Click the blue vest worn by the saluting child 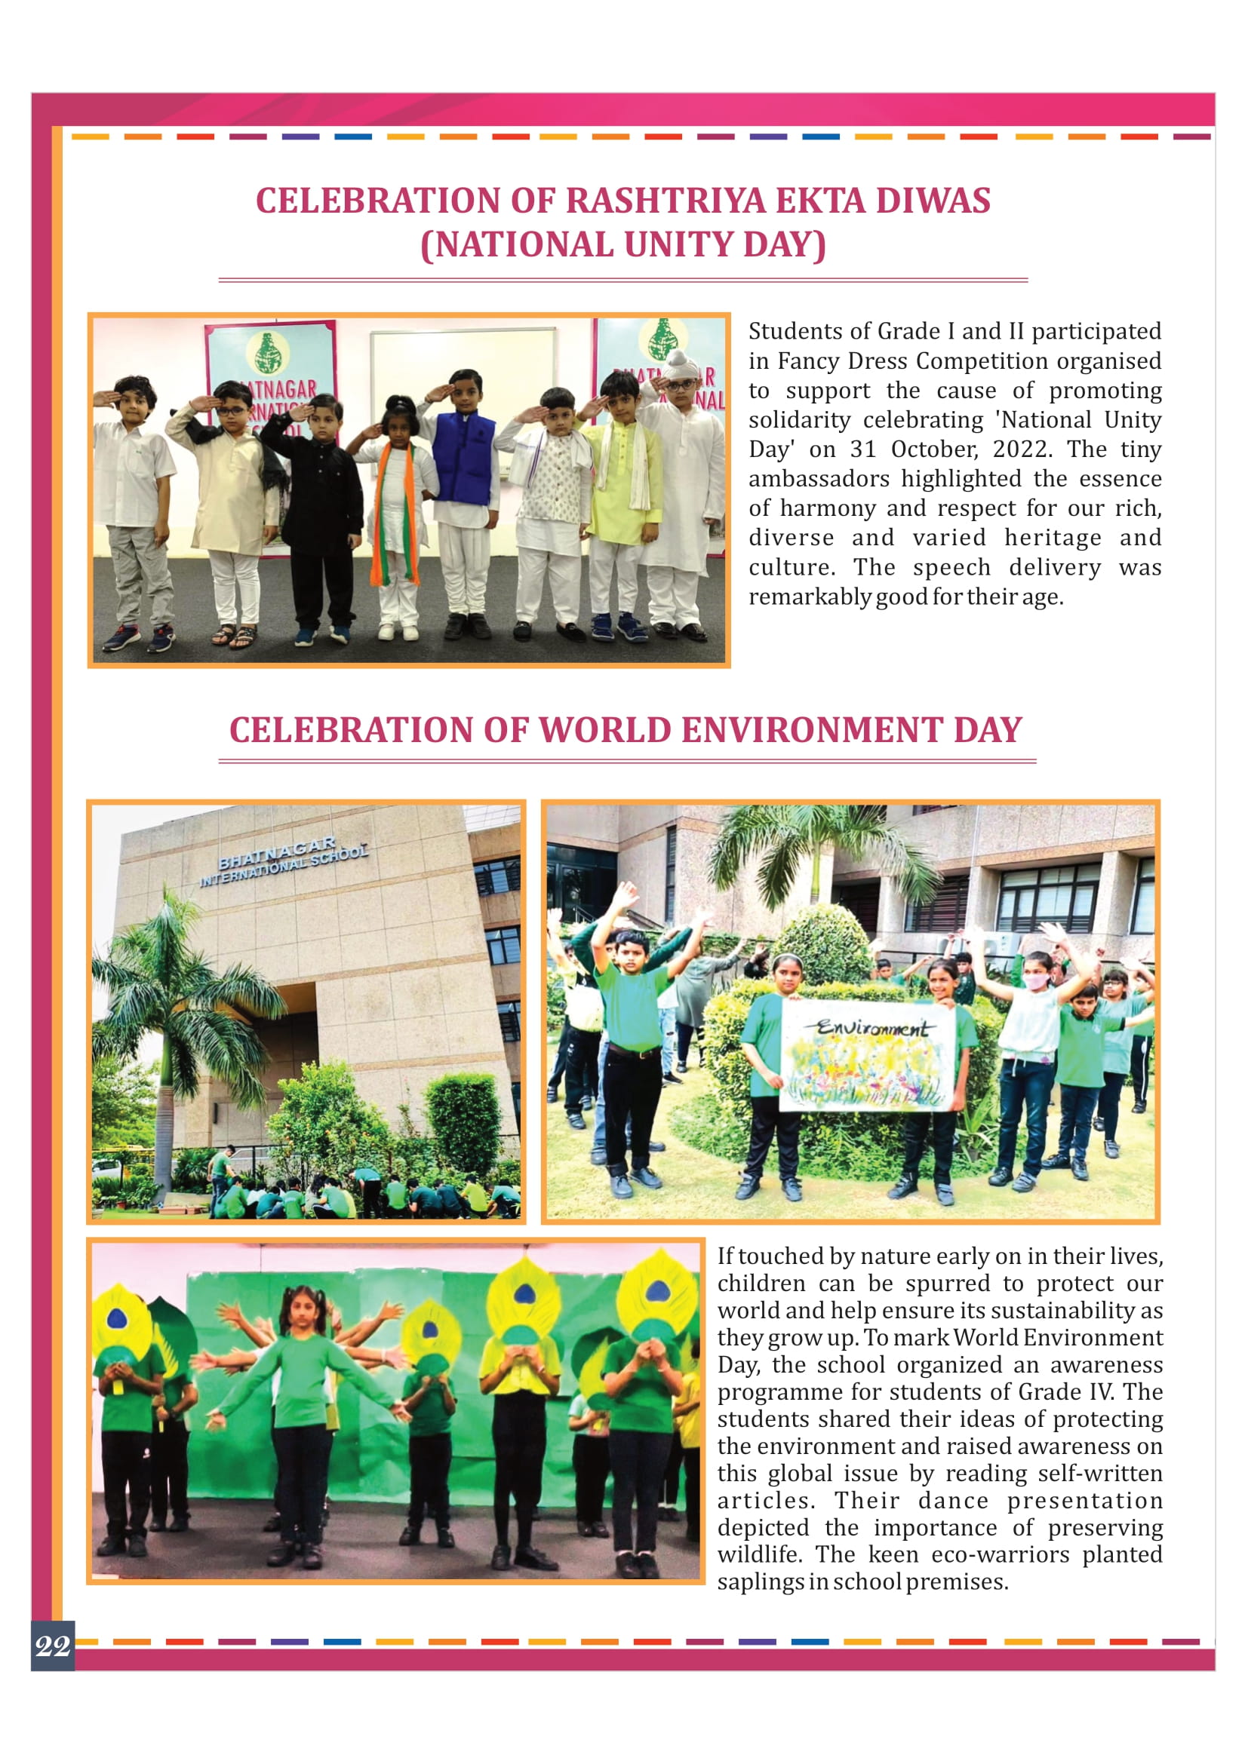(464, 459)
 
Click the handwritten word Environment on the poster (871, 1028)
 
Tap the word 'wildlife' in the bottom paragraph (758, 1554)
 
